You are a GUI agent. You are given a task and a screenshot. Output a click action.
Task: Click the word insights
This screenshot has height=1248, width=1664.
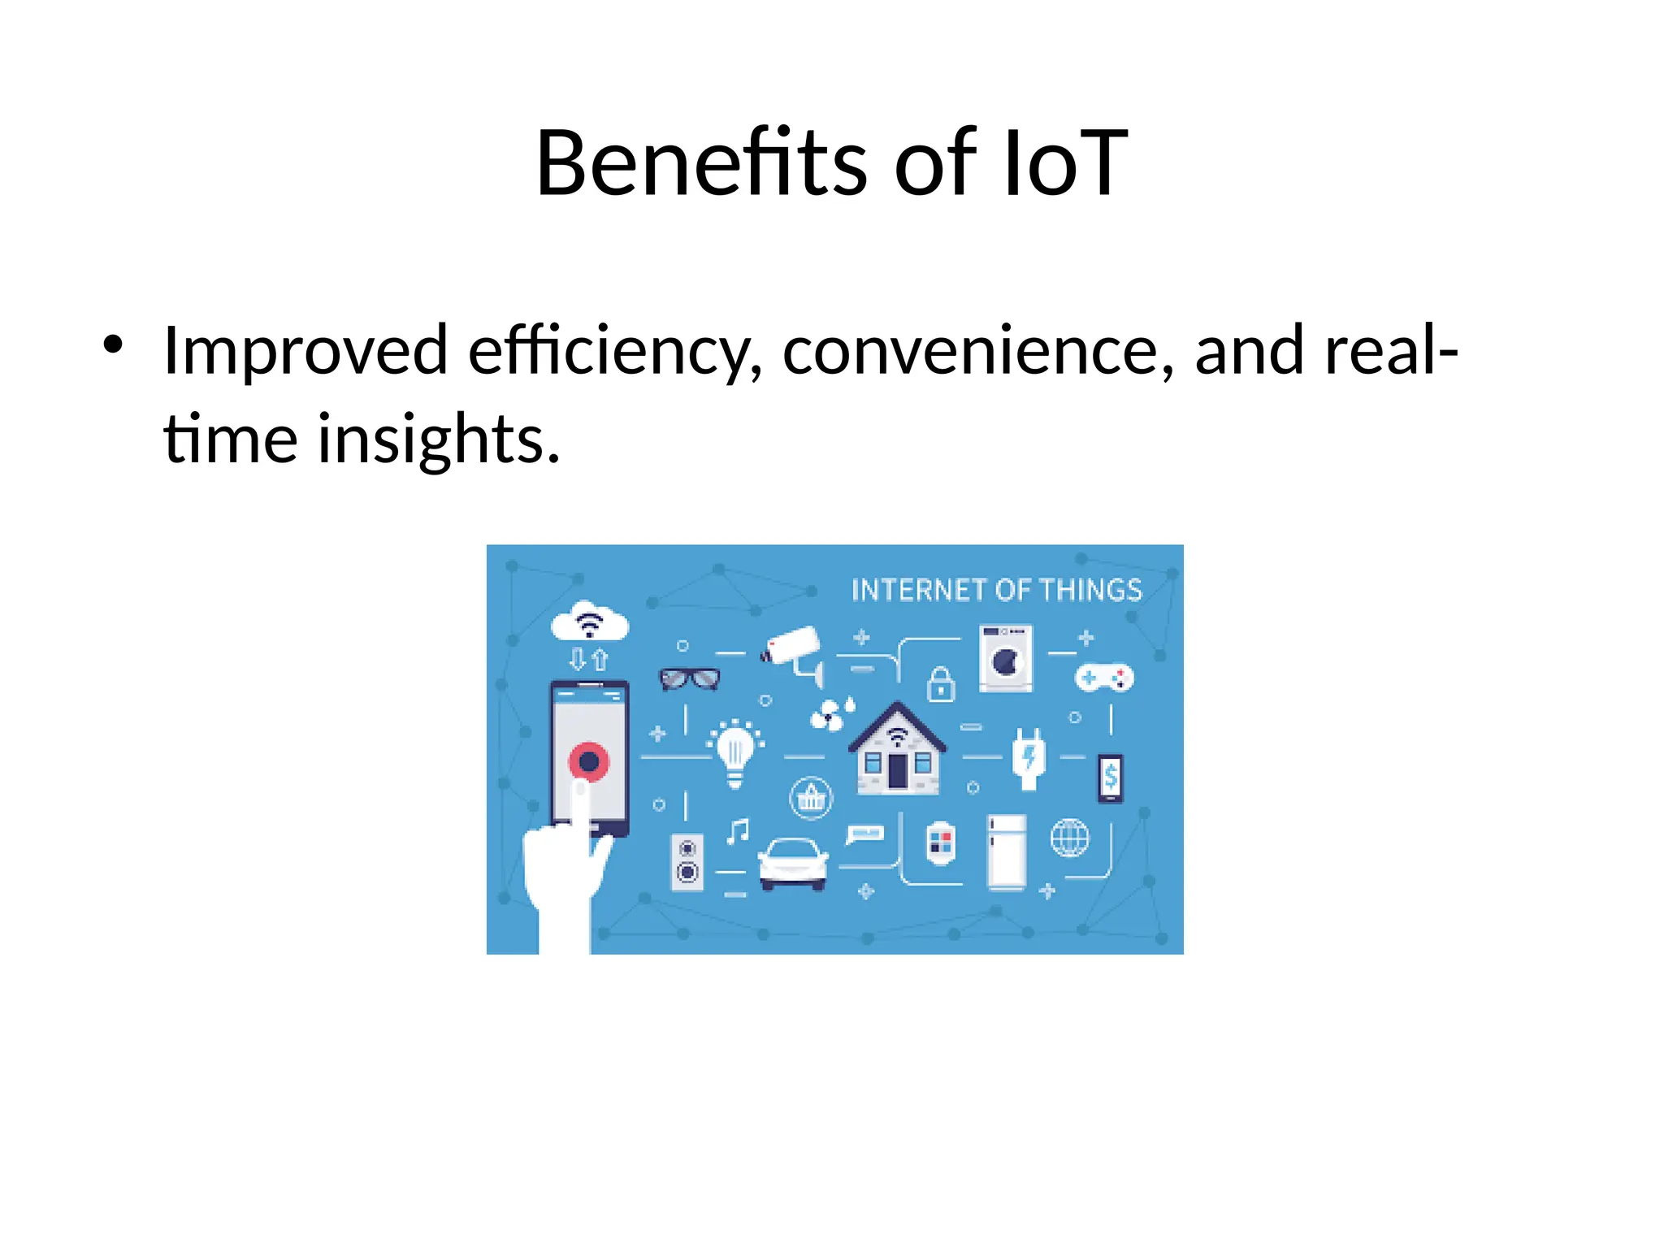[438, 440]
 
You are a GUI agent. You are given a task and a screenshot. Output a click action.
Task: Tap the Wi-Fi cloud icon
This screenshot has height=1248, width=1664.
[590, 622]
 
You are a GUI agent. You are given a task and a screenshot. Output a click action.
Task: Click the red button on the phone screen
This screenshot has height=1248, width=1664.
[589, 761]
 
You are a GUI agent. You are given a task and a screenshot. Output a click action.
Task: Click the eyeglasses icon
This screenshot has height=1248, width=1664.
[689, 678]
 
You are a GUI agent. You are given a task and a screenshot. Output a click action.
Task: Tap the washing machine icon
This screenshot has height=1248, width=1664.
[1006, 658]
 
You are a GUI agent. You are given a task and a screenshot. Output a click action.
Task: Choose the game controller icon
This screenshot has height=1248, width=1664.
[1104, 677]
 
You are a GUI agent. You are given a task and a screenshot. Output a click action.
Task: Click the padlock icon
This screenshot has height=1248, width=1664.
[941, 684]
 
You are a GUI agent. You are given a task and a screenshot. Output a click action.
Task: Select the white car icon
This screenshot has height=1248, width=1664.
[793, 863]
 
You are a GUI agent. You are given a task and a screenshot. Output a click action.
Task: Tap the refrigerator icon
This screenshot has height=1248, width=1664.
[1007, 852]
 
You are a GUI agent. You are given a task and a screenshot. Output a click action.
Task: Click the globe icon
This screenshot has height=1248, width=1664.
[1069, 838]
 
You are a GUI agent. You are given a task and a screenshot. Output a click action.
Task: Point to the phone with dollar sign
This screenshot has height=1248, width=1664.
[1111, 778]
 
